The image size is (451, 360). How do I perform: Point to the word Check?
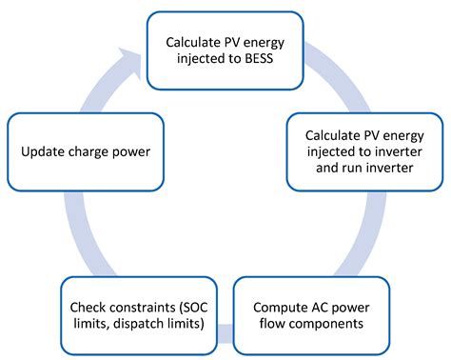coord(91,307)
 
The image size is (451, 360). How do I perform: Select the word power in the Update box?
coord(147,150)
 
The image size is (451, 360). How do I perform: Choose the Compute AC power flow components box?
coord(311,315)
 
